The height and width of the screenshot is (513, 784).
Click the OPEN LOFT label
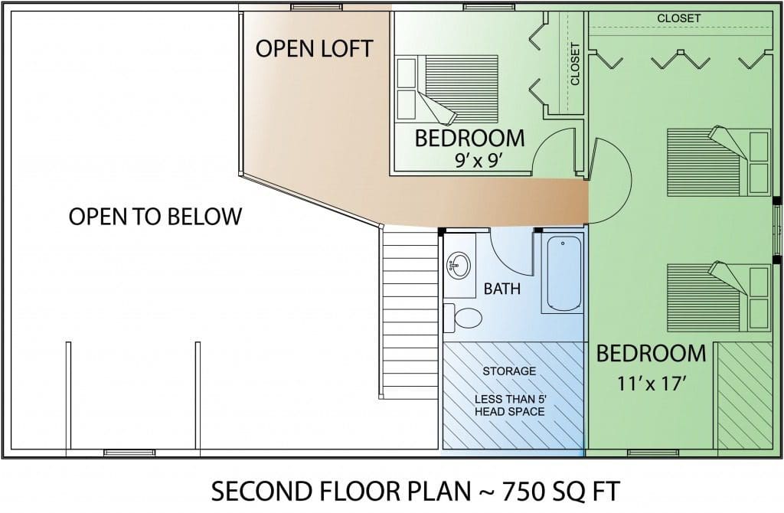pyautogui.click(x=314, y=48)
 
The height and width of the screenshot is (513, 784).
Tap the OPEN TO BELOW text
pyautogui.click(x=155, y=217)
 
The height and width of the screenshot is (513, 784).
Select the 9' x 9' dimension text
pyautogui.click(x=478, y=160)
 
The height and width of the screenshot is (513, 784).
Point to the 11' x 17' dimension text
pyautogui.click(x=651, y=384)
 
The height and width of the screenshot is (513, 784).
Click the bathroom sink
pyautogui.click(x=459, y=264)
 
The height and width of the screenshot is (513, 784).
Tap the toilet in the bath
pyautogui.click(x=462, y=318)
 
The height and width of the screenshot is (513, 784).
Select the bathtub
pyautogui.click(x=563, y=273)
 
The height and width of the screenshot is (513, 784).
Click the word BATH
pyautogui.click(x=502, y=289)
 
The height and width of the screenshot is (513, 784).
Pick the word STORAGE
pyautogui.click(x=509, y=371)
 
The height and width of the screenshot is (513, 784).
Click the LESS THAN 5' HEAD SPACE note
pyautogui.click(x=509, y=406)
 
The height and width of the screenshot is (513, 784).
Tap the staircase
pyautogui.click(x=409, y=312)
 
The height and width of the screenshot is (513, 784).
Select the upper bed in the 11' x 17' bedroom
pyautogui.click(x=718, y=162)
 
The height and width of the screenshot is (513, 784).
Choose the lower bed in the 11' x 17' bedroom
pyautogui.click(x=718, y=297)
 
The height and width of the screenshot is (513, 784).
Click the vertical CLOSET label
pyautogui.click(x=575, y=64)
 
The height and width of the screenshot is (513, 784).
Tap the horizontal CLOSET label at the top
pyautogui.click(x=678, y=18)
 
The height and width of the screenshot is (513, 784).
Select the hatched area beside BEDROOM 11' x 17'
pyautogui.click(x=744, y=395)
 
